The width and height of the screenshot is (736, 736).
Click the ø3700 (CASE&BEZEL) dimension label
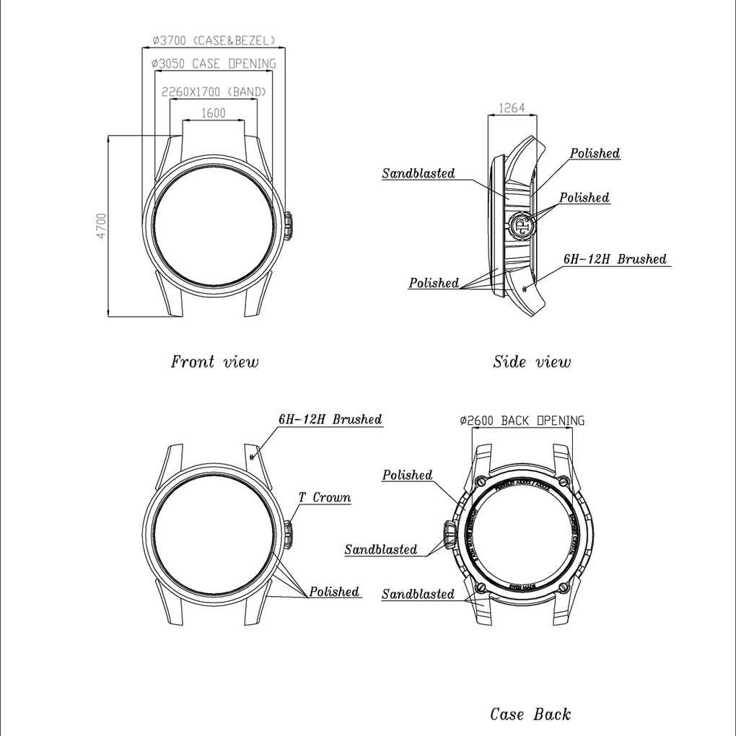[214, 40]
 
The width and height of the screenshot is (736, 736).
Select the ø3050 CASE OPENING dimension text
[214, 64]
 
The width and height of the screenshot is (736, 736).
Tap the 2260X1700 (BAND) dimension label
[214, 92]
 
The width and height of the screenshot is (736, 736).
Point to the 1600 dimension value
[213, 113]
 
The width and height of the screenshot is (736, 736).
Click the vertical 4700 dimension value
[101, 226]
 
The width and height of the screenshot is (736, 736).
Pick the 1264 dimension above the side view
[512, 109]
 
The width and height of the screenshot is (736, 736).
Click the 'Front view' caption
[214, 362]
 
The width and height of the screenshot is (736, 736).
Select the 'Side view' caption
[532, 362]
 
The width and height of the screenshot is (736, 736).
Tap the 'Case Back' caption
[530, 714]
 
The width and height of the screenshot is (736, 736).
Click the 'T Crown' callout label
[325, 497]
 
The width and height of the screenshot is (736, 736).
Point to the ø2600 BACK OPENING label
[522, 421]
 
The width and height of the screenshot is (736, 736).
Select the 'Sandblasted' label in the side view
[419, 173]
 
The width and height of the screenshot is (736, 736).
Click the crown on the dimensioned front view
[287, 226]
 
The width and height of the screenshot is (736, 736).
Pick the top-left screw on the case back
[480, 481]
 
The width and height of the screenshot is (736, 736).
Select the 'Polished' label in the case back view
[407, 475]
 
